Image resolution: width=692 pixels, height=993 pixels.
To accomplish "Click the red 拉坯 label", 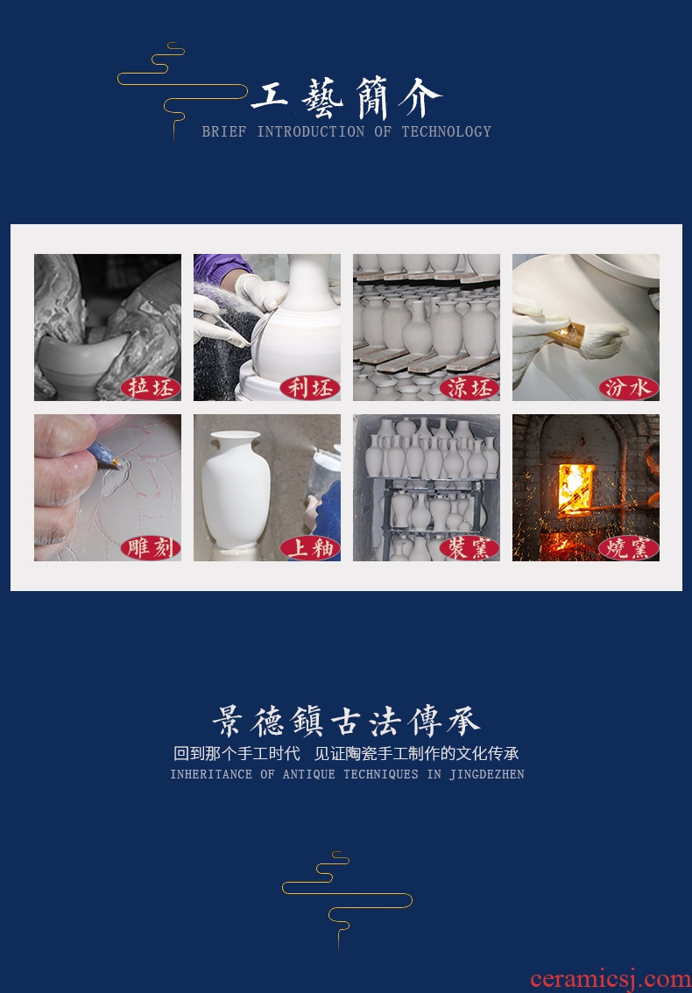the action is [x=150, y=388].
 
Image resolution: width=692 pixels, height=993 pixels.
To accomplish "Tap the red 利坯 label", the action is [x=310, y=388].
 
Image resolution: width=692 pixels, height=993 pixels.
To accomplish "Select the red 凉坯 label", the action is [x=470, y=388].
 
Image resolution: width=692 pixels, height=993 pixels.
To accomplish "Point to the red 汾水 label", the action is [x=629, y=388].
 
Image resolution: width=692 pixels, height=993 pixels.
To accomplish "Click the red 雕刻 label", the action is [x=150, y=548].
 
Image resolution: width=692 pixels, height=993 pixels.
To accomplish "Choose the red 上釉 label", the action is [x=310, y=548].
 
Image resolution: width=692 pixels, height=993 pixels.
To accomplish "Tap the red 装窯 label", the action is [x=470, y=548].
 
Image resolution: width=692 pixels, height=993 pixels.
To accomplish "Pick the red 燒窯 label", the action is [x=629, y=548].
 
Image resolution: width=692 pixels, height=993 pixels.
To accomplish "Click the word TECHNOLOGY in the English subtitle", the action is [x=446, y=131].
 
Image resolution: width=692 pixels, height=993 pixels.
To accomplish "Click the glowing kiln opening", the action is [x=576, y=488].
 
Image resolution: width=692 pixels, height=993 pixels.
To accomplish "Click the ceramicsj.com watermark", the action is [x=611, y=979].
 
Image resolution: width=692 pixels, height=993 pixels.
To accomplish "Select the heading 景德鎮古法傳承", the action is [x=346, y=722].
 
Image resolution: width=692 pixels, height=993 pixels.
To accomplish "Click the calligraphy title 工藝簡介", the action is [x=346, y=98].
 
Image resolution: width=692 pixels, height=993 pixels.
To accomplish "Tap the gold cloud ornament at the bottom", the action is [x=347, y=899].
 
